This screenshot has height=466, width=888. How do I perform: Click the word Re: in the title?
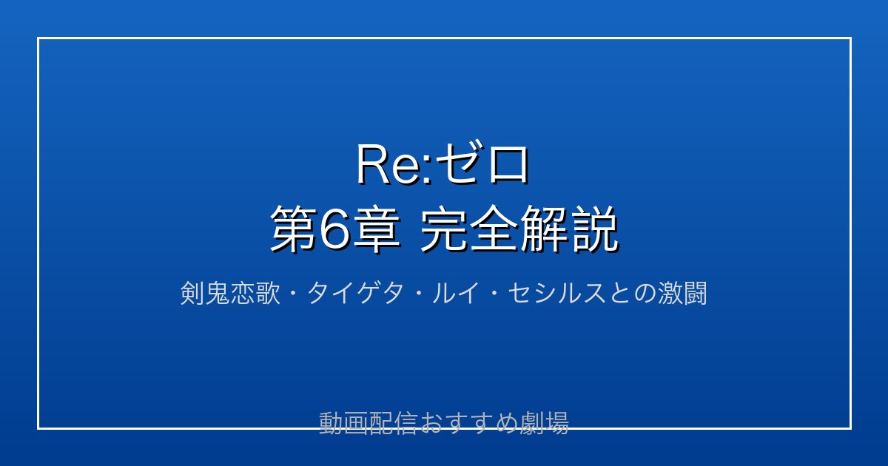(x=394, y=164)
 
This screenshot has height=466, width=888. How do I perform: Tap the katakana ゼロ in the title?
(x=482, y=163)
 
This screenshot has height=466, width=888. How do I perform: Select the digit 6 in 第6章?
(x=334, y=230)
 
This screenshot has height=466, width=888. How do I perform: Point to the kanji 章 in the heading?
(x=376, y=229)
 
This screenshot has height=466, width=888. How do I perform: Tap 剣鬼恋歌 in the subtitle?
(x=230, y=293)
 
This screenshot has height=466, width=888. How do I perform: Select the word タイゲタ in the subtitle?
(x=355, y=293)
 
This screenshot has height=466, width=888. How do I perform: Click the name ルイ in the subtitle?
(x=455, y=293)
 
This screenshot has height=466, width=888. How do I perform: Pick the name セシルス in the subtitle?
(x=556, y=293)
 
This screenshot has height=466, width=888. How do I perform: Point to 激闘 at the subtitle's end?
(x=682, y=293)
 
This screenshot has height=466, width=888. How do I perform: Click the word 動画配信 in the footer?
(x=368, y=423)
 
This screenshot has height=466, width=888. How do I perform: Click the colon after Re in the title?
(x=427, y=170)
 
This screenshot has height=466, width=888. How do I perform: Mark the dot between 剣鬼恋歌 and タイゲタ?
(x=294, y=294)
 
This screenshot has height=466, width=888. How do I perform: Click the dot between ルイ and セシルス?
(x=494, y=294)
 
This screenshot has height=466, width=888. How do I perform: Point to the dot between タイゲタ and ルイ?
(x=418, y=294)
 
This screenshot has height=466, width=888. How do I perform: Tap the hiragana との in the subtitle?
(x=631, y=293)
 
